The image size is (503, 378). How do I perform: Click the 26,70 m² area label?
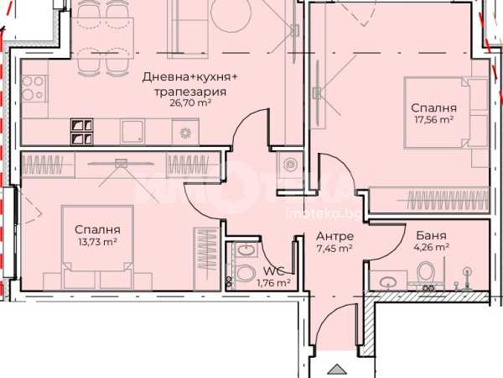tap(190, 103)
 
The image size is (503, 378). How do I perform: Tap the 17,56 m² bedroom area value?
tap(433, 120)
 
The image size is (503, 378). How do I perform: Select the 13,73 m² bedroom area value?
tap(97, 242)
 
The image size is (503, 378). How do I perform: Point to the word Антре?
tap(334, 236)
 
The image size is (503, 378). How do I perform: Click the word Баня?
tap(431, 235)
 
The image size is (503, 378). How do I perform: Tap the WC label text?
tap(275, 271)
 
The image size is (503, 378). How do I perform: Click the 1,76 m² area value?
tap(274, 283)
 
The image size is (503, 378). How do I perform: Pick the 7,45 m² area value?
tap(334, 248)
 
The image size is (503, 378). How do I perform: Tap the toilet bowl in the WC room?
tap(245, 273)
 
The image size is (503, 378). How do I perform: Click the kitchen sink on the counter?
tap(132, 132)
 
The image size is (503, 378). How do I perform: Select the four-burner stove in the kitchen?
tap(34, 89)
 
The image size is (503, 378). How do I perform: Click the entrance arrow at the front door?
tap(337, 369)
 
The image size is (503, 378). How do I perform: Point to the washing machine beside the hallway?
tap(290, 165)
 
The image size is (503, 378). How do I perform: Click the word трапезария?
tap(190, 92)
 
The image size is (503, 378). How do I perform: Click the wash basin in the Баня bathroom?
tap(388, 281)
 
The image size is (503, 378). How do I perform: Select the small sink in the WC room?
tap(246, 249)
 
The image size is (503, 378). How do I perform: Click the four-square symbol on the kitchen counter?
tap(82, 132)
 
